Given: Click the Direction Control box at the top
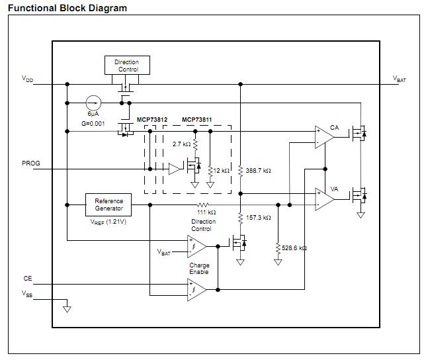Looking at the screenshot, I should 127,66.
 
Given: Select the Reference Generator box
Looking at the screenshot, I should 108,204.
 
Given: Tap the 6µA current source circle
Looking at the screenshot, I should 94,103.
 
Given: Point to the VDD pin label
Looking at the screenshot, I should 27,79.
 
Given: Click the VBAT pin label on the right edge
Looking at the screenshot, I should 400,79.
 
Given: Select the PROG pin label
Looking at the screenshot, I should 30,163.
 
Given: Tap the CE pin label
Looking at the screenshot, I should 27,279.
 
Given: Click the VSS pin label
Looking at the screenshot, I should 27,292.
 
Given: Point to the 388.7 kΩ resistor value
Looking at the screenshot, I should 259,171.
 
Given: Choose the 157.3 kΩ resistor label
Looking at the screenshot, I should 259,217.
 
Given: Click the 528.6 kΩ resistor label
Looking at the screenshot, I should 294,248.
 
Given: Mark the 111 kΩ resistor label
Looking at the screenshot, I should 206,212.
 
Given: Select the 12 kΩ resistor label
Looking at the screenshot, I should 221,171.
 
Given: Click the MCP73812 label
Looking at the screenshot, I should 152,120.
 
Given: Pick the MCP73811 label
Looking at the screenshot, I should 197,120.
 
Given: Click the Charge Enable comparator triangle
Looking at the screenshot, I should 196,289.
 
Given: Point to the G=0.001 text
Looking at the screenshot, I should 93,124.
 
